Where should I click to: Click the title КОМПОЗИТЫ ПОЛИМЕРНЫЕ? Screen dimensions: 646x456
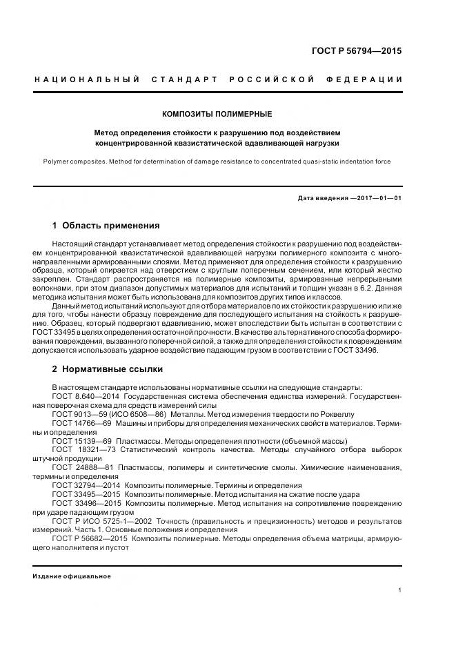(217, 113)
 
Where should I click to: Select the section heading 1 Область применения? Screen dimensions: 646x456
(106, 225)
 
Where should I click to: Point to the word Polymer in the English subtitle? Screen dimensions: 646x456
(57, 161)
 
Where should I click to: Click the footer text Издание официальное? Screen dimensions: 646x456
(72, 576)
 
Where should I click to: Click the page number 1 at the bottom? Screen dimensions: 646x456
(400, 590)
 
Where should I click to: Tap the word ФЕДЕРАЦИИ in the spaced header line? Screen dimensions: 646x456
(369, 80)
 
